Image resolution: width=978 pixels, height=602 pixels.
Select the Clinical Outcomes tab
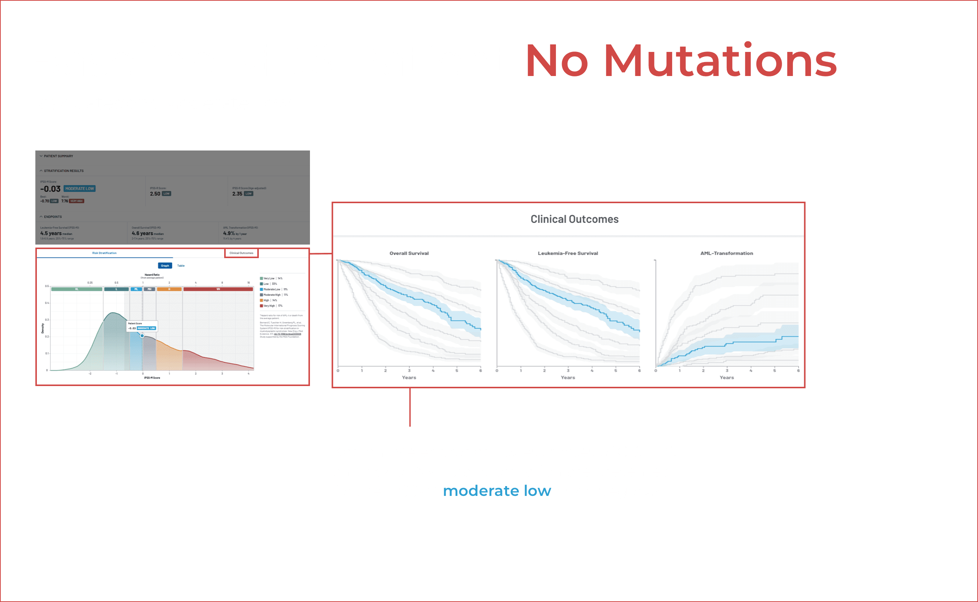[x=241, y=253]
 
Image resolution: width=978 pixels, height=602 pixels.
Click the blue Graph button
[x=165, y=266]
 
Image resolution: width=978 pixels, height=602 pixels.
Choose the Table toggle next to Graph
[x=181, y=266]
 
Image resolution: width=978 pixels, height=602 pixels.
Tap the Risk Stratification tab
[x=104, y=253]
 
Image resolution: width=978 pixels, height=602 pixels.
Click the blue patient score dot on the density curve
[x=142, y=336]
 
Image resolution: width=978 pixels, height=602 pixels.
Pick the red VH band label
[x=218, y=289]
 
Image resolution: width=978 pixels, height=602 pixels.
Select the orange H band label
[x=169, y=289]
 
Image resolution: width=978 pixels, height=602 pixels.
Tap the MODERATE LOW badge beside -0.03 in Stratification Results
[x=80, y=189]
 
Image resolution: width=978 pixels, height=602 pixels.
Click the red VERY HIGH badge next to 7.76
[x=76, y=201]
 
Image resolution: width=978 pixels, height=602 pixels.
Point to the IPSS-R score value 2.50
[x=155, y=194]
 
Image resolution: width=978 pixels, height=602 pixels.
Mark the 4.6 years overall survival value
[x=142, y=233]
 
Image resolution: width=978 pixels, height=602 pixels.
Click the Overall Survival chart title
[x=409, y=253]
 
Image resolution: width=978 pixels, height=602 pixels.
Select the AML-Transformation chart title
[x=726, y=253]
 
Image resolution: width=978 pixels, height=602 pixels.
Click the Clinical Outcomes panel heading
[x=574, y=219]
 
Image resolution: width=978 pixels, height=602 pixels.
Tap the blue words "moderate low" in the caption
[x=497, y=491]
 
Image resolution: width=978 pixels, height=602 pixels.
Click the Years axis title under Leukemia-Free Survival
[x=568, y=377]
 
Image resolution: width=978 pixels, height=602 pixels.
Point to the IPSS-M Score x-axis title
[x=152, y=378]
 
